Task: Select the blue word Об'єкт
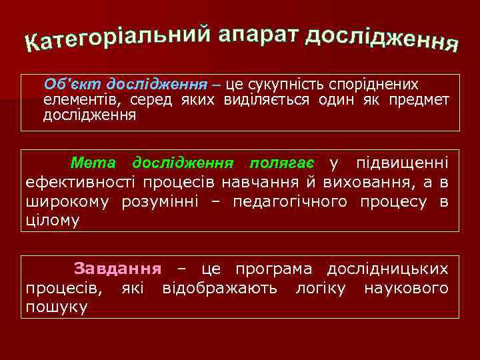[65, 85]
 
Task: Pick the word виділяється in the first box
[279, 100]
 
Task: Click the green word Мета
[93, 163]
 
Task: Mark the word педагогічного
[290, 201]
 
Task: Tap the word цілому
[52, 221]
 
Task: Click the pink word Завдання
[117, 269]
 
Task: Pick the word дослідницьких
[387, 269]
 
